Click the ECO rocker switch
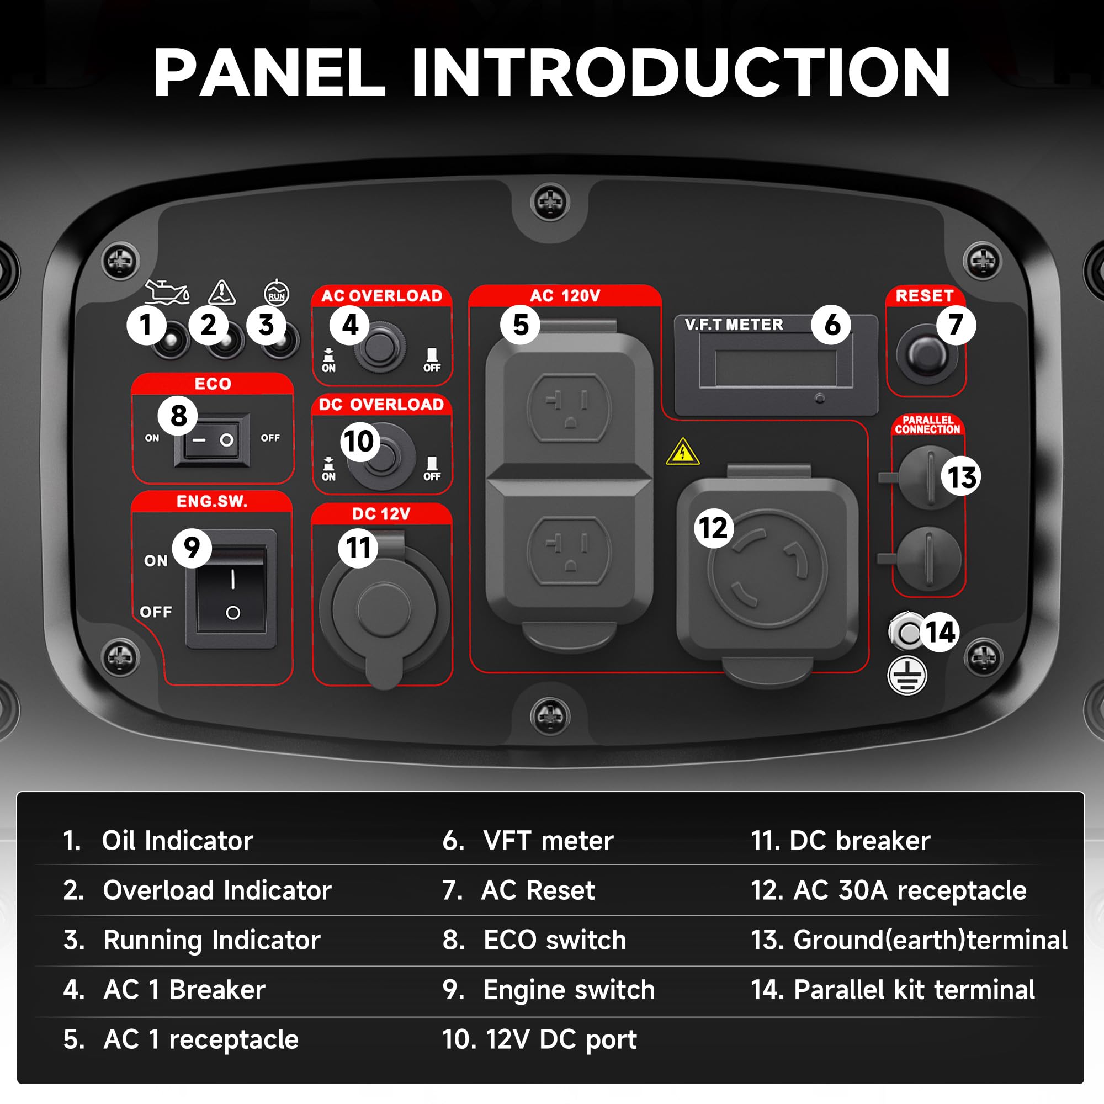click(x=212, y=440)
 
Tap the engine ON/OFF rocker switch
click(x=231, y=588)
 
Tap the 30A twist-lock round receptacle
click(x=767, y=569)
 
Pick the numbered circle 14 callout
click(x=941, y=632)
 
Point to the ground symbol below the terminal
click(x=907, y=676)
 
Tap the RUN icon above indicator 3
click(x=277, y=293)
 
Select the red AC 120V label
click(x=565, y=295)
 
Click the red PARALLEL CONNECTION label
click(x=927, y=425)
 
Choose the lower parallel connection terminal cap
click(x=929, y=558)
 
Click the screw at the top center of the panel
click(x=550, y=201)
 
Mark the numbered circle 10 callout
click(x=360, y=441)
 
